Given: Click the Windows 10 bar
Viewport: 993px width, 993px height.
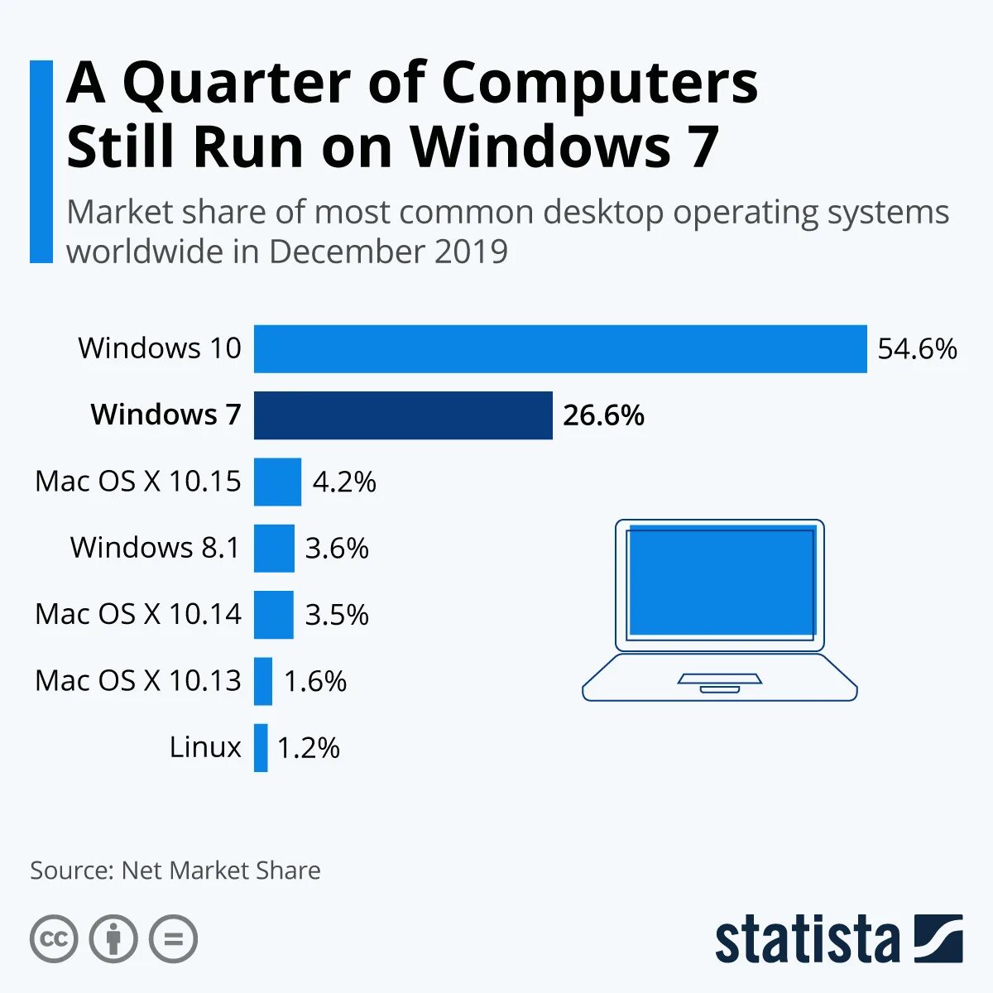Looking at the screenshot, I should (560, 349).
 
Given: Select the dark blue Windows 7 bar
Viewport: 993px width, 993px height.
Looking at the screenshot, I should (403, 415).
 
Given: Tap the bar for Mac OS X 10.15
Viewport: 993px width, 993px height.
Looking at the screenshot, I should (277, 482).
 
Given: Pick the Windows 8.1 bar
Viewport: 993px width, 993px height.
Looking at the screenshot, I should (274, 548).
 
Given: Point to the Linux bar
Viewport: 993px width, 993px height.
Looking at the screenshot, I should (261, 748).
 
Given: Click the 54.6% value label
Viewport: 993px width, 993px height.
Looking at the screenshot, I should (917, 349).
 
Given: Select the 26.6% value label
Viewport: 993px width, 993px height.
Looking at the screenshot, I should (603, 415).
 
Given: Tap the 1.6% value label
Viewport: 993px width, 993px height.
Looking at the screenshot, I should (314, 682).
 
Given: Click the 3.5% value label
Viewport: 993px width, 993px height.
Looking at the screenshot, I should (336, 615).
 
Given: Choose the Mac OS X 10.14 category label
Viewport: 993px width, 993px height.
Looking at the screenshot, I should (138, 614).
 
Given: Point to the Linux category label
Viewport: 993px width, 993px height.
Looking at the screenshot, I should (205, 747).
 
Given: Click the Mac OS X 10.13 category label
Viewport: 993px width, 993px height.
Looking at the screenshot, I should (138, 681).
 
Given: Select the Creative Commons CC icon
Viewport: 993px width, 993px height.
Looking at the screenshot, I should (54, 939).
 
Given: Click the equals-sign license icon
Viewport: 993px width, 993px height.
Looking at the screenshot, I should (174, 939).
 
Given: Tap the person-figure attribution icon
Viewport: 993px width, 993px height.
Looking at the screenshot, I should (113, 939).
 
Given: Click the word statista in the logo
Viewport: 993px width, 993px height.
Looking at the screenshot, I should (807, 941).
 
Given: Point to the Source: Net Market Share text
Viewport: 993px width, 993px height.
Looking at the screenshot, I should (175, 871).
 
